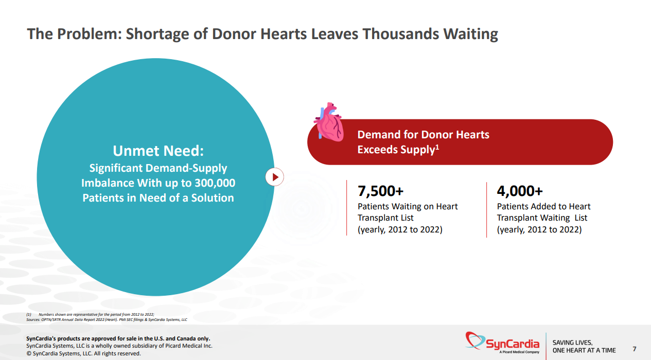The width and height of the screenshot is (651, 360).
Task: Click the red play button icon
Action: (275, 177)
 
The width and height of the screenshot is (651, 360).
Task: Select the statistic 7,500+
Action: (381, 191)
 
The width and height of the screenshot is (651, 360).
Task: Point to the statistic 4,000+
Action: (520, 191)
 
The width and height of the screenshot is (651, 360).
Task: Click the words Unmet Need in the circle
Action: (158, 151)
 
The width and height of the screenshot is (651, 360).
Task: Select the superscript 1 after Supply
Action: (437, 147)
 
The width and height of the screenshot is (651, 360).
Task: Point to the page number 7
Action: (634, 350)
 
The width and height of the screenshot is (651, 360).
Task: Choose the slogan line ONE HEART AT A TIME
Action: (584, 350)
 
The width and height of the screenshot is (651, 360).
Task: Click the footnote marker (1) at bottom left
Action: (29, 314)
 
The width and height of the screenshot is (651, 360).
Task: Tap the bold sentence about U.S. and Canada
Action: (118, 338)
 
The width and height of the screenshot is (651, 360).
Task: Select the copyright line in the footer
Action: (83, 353)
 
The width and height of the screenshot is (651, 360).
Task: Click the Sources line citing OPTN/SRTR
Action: (107, 319)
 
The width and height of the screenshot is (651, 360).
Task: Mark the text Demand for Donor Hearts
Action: (423, 135)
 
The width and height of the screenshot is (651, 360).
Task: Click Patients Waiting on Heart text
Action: (408, 206)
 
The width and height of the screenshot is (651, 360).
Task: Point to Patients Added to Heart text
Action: (543, 206)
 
